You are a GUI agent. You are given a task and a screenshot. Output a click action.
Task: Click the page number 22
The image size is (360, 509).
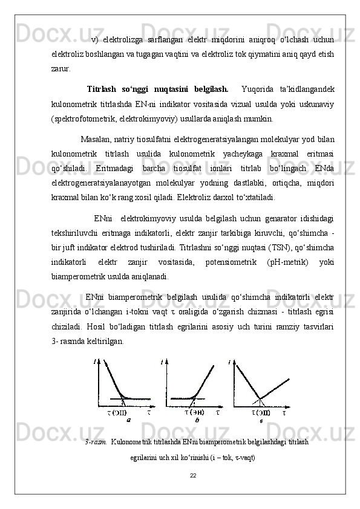tap(192, 475)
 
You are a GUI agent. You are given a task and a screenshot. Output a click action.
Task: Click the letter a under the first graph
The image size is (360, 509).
tap(128, 419)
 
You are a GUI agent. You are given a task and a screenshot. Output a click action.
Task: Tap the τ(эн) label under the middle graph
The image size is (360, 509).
tap(195, 412)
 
